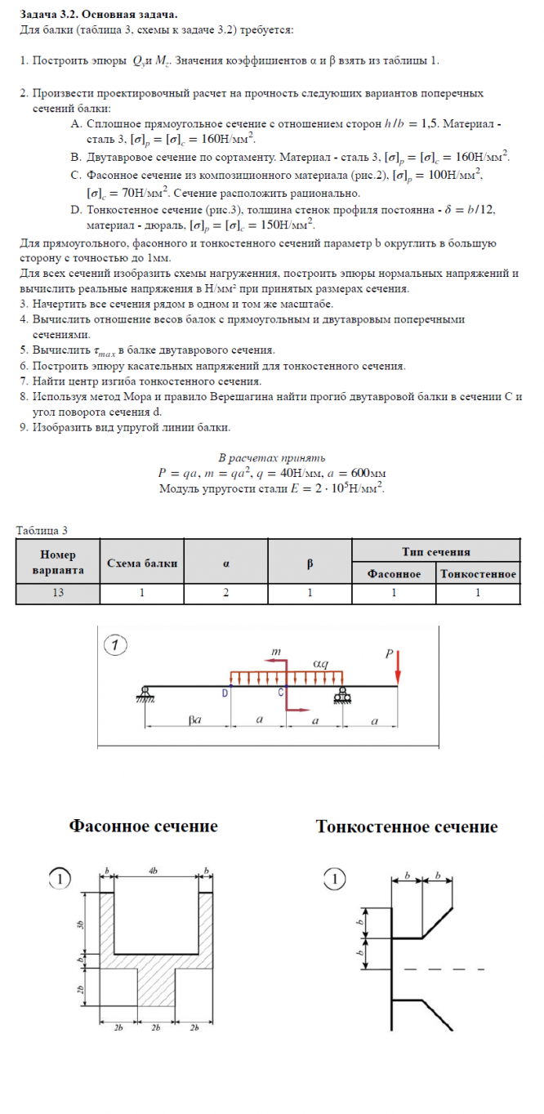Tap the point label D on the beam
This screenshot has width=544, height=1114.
coord(225,693)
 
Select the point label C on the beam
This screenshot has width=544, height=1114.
coord(281,693)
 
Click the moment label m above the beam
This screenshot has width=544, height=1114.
coord(276,653)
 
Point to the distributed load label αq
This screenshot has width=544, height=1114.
coord(321,663)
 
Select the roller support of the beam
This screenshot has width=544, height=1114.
coord(341,694)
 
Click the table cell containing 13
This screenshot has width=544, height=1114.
coord(57,593)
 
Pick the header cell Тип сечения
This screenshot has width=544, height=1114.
coord(436,551)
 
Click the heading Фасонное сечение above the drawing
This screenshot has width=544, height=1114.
coord(143,827)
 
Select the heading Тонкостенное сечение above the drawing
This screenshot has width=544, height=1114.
coord(407,827)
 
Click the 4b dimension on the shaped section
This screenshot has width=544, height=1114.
coord(154,871)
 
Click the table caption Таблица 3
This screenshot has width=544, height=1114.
coord(42,530)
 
